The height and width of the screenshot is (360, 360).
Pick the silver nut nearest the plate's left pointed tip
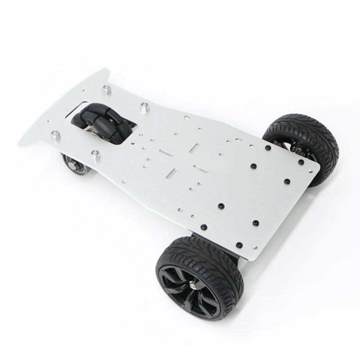click(x=55, y=135)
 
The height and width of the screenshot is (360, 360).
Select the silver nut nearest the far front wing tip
click(x=107, y=89)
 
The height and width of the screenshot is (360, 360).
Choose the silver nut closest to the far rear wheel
click(x=144, y=107)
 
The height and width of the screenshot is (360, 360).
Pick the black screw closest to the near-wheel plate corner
click(x=239, y=245)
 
